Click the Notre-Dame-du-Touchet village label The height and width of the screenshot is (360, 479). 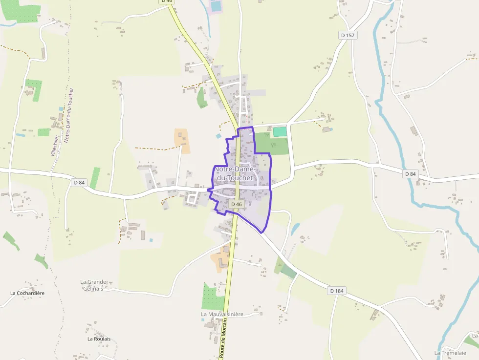click(x=234, y=173)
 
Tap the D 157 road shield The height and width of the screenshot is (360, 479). click(x=348, y=35)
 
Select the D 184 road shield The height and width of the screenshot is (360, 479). click(x=337, y=291)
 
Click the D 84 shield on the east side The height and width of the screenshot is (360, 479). click(x=411, y=174)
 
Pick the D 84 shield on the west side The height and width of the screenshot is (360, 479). click(x=79, y=182)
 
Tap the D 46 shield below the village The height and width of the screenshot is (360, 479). click(x=237, y=204)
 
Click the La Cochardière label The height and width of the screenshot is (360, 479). click(x=27, y=293)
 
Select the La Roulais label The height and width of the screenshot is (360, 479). click(x=99, y=339)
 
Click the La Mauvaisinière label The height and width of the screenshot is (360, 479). click(x=222, y=314)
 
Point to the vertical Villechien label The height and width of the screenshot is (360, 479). click(x=55, y=146)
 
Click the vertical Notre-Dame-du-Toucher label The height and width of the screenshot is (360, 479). click(x=69, y=115)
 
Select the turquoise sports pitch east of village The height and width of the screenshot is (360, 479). click(x=280, y=131)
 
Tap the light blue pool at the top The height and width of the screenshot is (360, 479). click(x=215, y=6)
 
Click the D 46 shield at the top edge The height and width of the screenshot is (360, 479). click(x=167, y=1)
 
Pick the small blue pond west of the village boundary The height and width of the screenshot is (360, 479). click(x=218, y=136)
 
